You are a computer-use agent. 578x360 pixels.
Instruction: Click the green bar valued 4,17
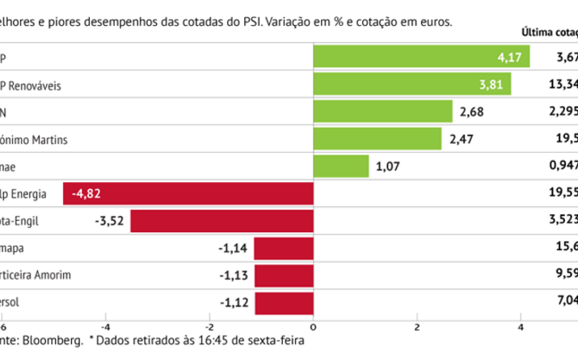pyautogui.click(x=421, y=57)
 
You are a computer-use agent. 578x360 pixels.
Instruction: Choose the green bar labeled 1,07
pyautogui.click(x=340, y=167)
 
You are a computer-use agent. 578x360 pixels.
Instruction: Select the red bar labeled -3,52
pyautogui.click(x=221, y=222)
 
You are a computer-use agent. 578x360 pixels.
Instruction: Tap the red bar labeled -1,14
pyautogui.click(x=283, y=249)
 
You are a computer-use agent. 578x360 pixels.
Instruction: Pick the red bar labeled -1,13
pyautogui.click(x=284, y=276)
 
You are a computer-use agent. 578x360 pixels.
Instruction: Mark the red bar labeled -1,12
pyautogui.click(x=284, y=303)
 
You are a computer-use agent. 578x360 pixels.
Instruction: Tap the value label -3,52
pyautogui.click(x=108, y=222)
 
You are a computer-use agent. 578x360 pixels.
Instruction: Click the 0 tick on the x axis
pyautogui.click(x=313, y=326)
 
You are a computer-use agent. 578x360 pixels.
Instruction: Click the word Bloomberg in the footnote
pyautogui.click(x=55, y=342)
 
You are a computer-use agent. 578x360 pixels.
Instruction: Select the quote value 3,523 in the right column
pyautogui.click(x=561, y=222)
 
